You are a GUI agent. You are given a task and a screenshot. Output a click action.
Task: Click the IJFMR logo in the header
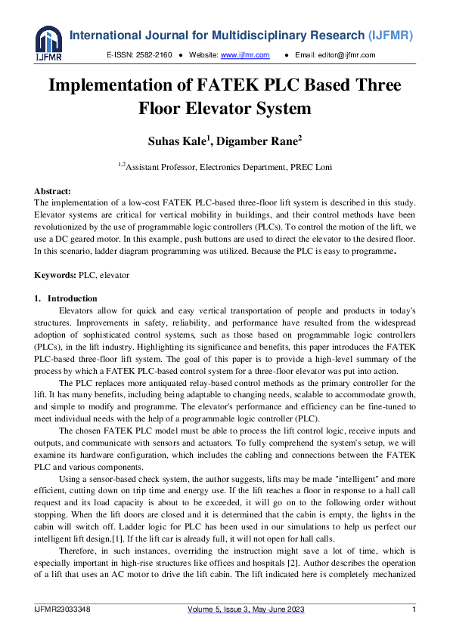pyautogui.click(x=48, y=44)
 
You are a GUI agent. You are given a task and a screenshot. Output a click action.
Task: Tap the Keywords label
pyautogui.click(x=56, y=276)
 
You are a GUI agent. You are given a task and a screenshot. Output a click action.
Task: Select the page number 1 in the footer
pyautogui.click(x=414, y=609)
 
